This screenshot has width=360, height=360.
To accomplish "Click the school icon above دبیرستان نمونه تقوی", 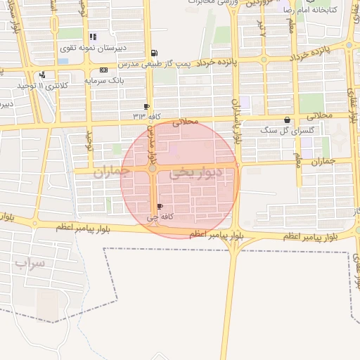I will coord(92,37).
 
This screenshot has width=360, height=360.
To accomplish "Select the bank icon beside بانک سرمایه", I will coord(104,70).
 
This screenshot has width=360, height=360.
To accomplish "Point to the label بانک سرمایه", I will coord(104,80).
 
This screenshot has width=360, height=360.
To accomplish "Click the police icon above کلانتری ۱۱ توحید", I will coord(44,75).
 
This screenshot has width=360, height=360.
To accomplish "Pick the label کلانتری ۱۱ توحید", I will coord(44,86).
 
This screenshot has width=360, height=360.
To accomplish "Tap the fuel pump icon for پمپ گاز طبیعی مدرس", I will coord(155,53).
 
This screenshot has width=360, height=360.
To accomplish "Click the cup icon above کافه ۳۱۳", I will coord(146,106).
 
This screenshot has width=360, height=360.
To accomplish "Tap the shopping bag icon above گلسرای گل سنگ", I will coord(287,120).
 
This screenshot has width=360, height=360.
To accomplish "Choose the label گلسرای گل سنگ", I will coord(280,130).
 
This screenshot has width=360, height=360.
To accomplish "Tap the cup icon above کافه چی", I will coord(160,207).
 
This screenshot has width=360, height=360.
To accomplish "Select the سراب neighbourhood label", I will coord(30,264).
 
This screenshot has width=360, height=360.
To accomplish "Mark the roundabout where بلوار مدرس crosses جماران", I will coord(153,169).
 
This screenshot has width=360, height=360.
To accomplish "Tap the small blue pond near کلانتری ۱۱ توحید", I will coord(63,60).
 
